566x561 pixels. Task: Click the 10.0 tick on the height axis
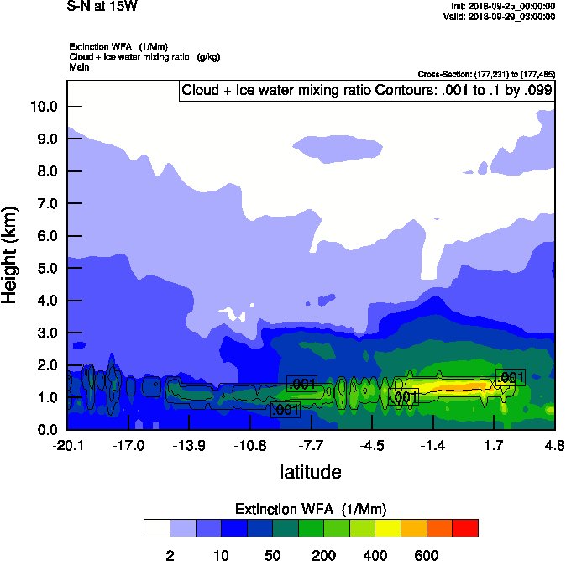44,107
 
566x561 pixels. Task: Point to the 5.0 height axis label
44,268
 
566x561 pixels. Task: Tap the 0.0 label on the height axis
44,429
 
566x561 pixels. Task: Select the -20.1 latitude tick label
67,444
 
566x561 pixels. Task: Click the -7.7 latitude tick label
311,444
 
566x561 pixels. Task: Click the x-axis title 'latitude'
311,472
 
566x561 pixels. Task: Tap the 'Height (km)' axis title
11,255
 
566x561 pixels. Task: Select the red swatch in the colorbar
465,528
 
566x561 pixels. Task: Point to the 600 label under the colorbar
427,555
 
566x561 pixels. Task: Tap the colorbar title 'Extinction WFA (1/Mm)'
311,509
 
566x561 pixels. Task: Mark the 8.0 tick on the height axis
44,171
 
